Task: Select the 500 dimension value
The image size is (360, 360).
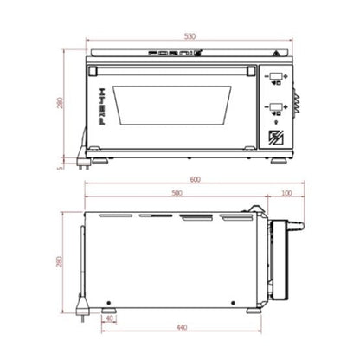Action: coord(177,194)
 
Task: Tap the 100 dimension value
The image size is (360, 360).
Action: coord(286,194)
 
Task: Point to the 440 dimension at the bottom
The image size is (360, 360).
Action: coord(182,328)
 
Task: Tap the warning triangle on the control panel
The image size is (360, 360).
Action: coord(275,54)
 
